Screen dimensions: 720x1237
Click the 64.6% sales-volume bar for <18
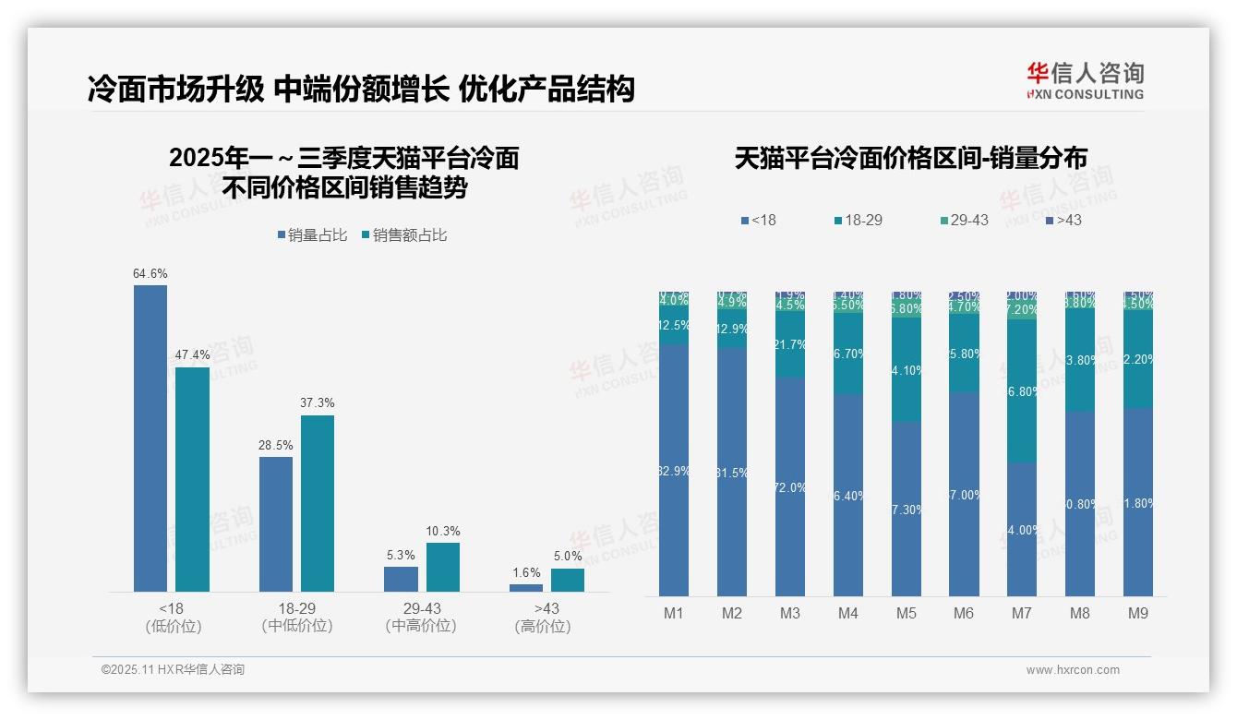[150, 438]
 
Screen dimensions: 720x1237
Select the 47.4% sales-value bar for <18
[192, 479]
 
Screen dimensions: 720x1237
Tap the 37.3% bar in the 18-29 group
[318, 503]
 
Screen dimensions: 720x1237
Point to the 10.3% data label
[443, 532]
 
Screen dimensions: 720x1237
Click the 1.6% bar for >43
[526, 587]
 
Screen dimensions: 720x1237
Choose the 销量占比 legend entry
[312, 235]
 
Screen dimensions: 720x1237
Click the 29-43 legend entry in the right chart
[964, 221]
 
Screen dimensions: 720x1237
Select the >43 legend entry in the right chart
[1063, 221]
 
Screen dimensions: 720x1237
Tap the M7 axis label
[1021, 613]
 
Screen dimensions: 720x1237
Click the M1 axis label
[674, 613]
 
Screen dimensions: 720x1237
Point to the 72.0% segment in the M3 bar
[789, 486]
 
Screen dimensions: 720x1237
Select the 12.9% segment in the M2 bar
[732, 329]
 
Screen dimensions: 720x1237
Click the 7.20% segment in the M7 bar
[1021, 309]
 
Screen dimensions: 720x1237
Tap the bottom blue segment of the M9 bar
[1137, 502]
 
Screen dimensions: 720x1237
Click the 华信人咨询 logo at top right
[1085, 80]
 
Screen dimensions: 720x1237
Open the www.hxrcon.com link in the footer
[1073, 670]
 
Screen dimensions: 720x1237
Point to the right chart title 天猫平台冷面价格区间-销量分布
[910, 158]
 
